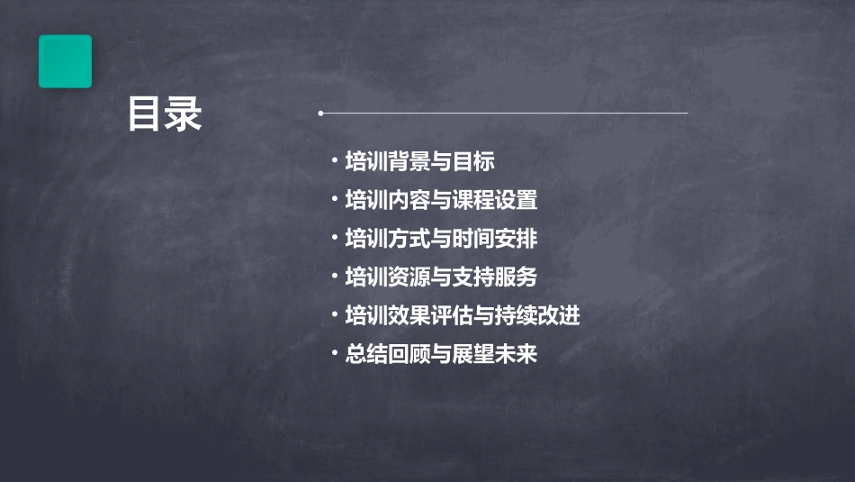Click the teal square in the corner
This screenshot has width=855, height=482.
tap(65, 61)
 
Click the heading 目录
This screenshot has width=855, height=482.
tap(165, 115)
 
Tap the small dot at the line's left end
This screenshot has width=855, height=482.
tap(320, 114)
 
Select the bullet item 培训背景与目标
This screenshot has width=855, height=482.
tap(419, 162)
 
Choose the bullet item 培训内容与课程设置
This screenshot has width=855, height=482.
tap(441, 200)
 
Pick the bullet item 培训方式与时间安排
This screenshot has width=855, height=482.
tap(441, 239)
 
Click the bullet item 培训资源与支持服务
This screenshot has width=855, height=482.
tap(441, 277)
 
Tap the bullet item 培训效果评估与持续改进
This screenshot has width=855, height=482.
tap(463, 315)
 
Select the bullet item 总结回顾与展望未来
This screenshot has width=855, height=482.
tap(441, 354)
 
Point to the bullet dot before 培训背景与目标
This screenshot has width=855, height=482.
tap(335, 161)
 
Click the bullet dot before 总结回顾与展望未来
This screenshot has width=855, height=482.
tap(335, 353)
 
